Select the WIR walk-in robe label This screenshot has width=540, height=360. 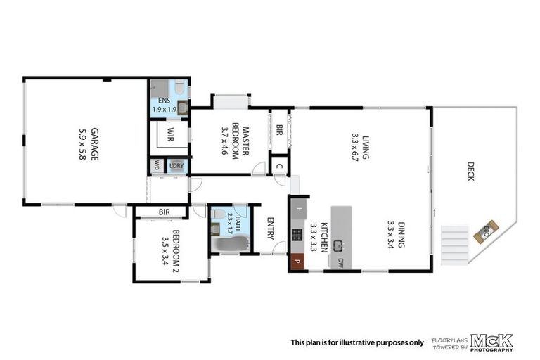169,134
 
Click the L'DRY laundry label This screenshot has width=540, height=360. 176,166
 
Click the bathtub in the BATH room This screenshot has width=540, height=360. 231,244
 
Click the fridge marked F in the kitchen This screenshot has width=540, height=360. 298,209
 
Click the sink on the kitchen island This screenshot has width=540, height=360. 338,245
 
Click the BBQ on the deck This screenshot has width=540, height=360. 486,231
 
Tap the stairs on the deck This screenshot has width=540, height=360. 455,244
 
